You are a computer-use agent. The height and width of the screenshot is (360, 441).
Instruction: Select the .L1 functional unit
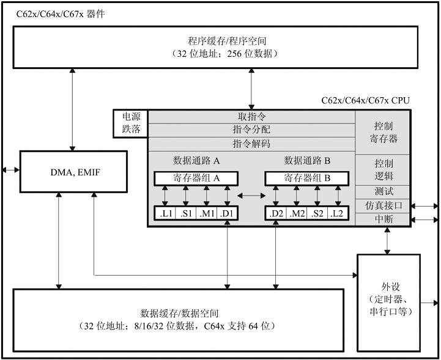165,213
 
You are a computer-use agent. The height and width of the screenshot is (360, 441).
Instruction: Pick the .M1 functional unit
207,213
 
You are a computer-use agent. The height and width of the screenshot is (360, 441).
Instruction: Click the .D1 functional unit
228,213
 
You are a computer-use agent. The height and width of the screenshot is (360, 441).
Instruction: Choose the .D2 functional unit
275,213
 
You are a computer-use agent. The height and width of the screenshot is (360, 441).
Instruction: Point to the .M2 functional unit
297,213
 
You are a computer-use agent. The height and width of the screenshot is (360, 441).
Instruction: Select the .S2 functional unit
317,213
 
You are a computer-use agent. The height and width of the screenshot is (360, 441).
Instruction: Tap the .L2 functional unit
338,213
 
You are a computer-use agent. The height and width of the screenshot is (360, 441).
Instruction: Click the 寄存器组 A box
196,178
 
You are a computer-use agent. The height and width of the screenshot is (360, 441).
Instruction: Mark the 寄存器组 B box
307,178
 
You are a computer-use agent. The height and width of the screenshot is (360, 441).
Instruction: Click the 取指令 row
251,116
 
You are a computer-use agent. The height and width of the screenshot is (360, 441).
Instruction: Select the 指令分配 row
251,130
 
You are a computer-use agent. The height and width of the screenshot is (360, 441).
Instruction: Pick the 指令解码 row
251,144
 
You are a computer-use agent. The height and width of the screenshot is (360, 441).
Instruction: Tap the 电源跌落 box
131,123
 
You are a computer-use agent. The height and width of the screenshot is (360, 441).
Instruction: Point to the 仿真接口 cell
384,205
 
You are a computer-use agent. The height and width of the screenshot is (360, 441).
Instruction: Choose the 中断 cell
384,219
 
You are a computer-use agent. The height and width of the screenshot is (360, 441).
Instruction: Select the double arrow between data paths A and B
251,196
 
